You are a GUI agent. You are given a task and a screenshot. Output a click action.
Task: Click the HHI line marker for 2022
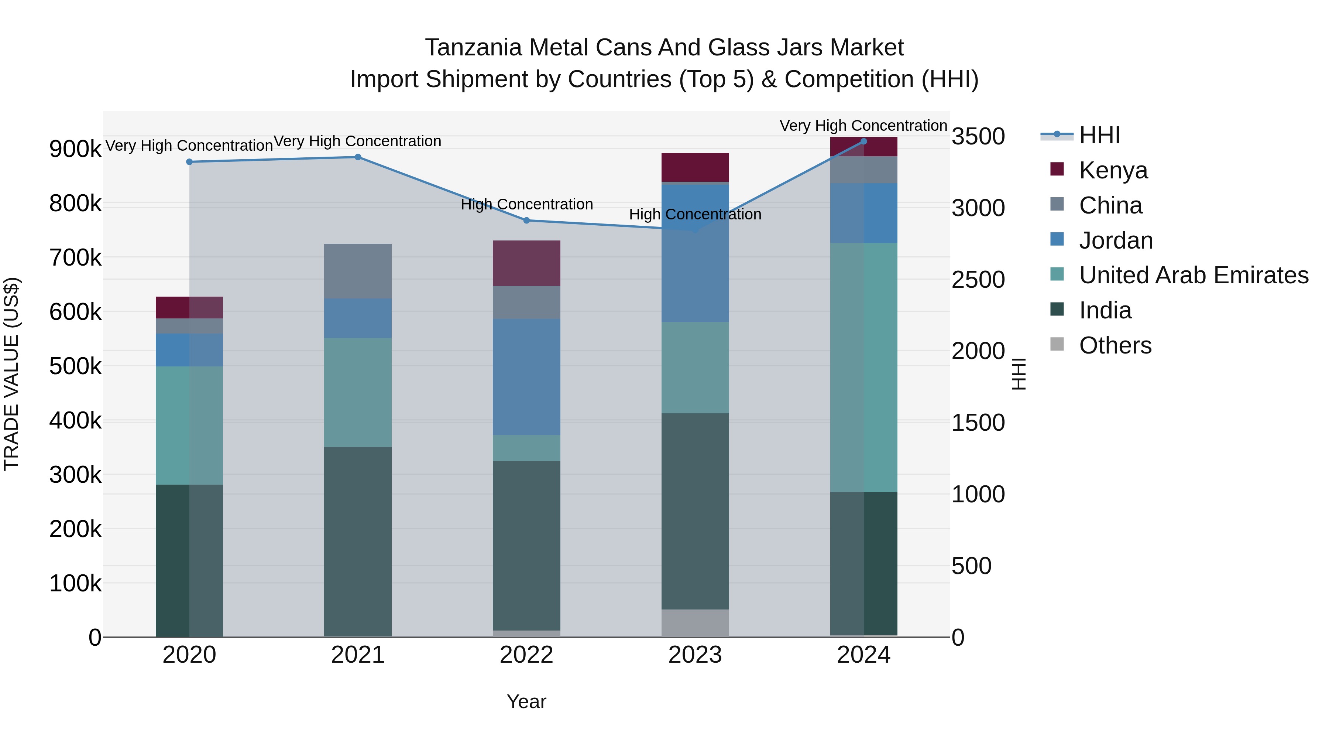526,221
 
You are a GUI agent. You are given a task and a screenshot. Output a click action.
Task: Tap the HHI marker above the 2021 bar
357,157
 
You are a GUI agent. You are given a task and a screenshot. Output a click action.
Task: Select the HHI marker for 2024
863,141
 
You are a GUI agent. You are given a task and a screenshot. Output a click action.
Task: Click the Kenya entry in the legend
1113,170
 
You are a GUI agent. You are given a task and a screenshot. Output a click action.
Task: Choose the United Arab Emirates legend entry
1193,275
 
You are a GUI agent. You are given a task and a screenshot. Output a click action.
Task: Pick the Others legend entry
1115,345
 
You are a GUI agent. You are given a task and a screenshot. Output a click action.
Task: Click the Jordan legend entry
1115,240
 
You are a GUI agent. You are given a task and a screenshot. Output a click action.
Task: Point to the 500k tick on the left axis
75,366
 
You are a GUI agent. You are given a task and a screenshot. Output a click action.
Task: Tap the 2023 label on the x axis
695,655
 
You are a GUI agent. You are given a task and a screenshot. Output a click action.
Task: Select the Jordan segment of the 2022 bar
526,377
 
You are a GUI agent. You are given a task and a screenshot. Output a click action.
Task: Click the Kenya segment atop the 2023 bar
695,167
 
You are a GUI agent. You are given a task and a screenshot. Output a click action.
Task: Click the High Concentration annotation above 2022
526,204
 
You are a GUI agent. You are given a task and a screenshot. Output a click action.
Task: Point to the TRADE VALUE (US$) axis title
11,374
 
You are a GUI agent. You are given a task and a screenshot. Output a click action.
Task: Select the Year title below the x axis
526,701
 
